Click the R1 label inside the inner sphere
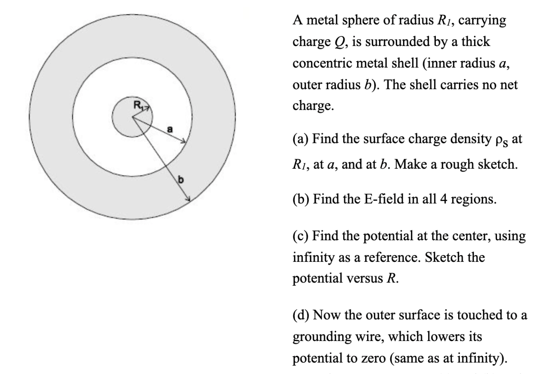coord(138,105)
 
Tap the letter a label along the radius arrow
coord(170,129)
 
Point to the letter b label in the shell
coord(181,179)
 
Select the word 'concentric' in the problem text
coord(324,63)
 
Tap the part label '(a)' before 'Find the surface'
coord(301,139)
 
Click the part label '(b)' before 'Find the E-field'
coord(301,199)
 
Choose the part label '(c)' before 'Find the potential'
coord(301,236)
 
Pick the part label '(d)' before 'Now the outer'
coord(301,315)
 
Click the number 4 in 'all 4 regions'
coord(444,199)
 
